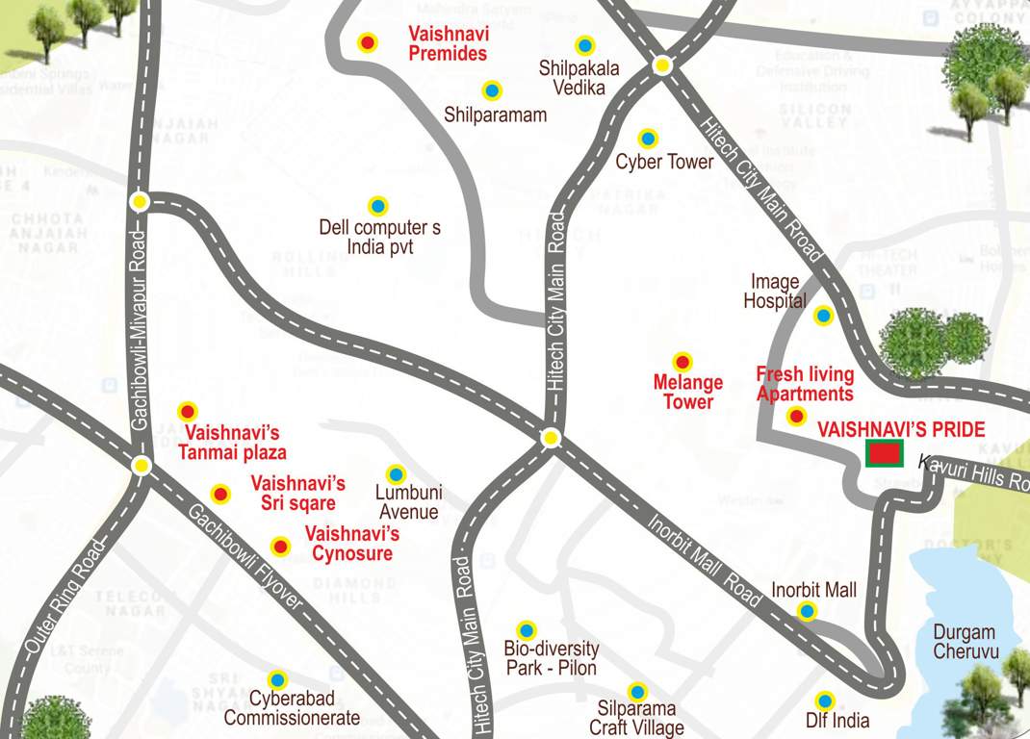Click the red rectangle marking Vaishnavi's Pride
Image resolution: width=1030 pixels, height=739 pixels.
[x=884, y=453]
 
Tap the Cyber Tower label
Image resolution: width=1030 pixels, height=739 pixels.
[x=664, y=162]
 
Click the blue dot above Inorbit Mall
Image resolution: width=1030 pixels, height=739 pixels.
[x=807, y=610]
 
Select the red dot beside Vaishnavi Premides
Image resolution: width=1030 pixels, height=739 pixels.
[x=367, y=42]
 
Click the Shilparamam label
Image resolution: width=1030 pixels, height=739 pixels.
[x=495, y=115]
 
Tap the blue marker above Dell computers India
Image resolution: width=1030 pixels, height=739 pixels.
[x=377, y=206]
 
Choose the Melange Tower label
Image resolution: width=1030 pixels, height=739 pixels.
[x=687, y=393]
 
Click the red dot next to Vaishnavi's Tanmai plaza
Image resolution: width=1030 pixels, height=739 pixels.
[x=187, y=412]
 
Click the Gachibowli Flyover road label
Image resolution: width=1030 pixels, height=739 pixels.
[x=245, y=557]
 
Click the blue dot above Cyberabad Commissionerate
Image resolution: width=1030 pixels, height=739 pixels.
[x=276, y=679]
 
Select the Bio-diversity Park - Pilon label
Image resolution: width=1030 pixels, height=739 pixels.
[x=551, y=658]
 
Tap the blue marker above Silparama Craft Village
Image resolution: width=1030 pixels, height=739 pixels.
[x=636, y=692]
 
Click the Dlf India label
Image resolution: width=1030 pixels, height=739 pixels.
[x=837, y=721]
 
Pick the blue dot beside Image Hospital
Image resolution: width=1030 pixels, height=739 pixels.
[x=823, y=315]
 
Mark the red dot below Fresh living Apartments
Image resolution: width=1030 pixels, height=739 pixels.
[x=796, y=416]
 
